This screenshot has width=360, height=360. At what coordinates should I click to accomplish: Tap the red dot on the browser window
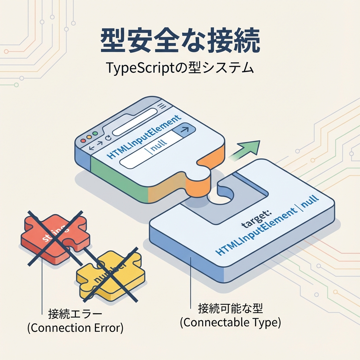pos(83,140)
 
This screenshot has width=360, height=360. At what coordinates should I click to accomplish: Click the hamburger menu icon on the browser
pos(162,106)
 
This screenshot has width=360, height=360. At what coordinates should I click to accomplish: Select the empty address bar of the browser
pos(134,122)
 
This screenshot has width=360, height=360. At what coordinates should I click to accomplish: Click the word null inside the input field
pos(159,143)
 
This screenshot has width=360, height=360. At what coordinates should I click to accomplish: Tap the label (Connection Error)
pos(75,328)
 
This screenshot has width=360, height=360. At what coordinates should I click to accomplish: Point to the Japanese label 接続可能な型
pos(230,309)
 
